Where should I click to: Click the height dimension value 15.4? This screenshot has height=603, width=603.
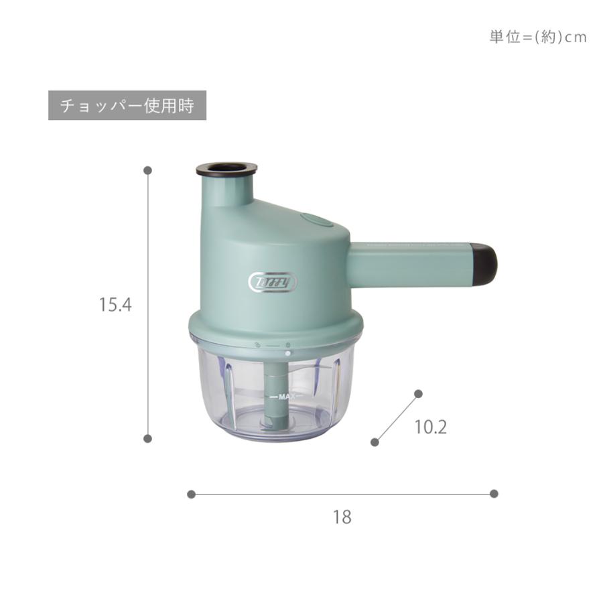click(x=115, y=305)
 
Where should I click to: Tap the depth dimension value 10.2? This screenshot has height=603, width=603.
click(x=431, y=427)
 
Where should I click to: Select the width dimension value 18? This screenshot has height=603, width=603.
click(x=342, y=517)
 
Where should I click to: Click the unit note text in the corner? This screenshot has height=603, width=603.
click(x=538, y=37)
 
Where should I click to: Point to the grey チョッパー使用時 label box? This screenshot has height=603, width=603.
click(x=127, y=105)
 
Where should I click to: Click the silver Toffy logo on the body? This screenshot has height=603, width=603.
click(x=273, y=283)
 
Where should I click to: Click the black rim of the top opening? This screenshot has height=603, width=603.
click(x=226, y=170)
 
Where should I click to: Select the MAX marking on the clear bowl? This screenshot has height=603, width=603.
click(x=287, y=397)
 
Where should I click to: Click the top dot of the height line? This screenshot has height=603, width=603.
click(x=147, y=170)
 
